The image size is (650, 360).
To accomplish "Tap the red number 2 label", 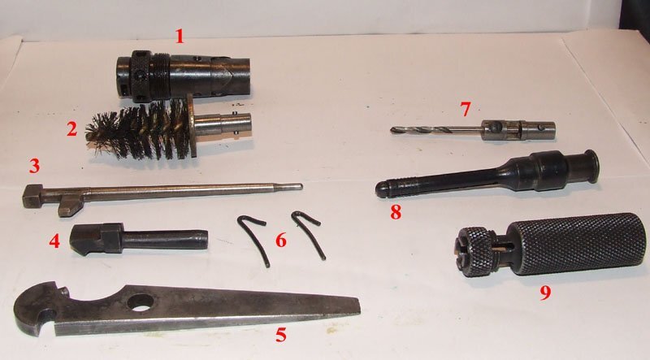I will pyautogui.click(x=71, y=128).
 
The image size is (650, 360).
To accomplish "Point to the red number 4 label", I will pyautogui.click(x=54, y=240).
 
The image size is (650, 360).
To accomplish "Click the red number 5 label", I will pyautogui.click(x=280, y=334).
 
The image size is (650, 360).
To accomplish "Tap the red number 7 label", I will pyautogui.click(x=466, y=108).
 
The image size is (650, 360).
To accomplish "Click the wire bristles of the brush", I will pyautogui.click(x=138, y=130).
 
